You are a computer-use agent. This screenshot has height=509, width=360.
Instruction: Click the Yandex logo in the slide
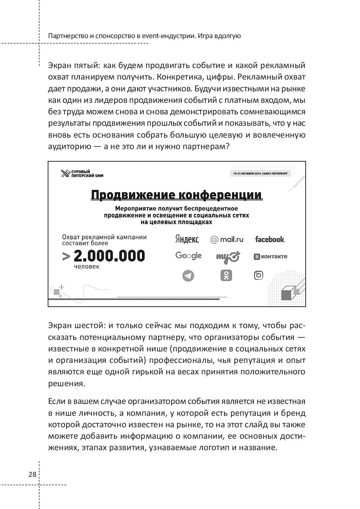point(187,239)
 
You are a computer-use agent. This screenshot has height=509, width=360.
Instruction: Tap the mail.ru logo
point(227,239)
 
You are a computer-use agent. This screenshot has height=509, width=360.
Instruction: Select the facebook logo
point(270,239)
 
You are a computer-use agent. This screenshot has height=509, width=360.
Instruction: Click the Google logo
point(189,256)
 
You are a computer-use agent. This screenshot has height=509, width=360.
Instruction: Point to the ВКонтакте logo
point(270,256)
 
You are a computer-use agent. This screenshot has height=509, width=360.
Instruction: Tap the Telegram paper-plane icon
point(188,276)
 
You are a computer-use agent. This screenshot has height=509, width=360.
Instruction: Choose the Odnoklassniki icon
point(226,275)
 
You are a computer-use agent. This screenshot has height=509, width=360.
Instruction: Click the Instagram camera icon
point(258,275)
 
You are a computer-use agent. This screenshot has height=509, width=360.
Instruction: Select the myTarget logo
point(228,256)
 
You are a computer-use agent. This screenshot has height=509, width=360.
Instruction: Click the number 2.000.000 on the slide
point(109,256)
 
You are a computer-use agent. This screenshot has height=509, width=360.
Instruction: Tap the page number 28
point(33,474)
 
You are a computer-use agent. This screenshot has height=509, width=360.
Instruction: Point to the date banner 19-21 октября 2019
point(261,173)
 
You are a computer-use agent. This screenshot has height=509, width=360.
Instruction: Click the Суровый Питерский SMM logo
point(82,173)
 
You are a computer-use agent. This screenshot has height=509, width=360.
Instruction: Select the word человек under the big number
point(86,266)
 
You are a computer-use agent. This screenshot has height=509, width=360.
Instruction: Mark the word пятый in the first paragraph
point(88,65)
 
